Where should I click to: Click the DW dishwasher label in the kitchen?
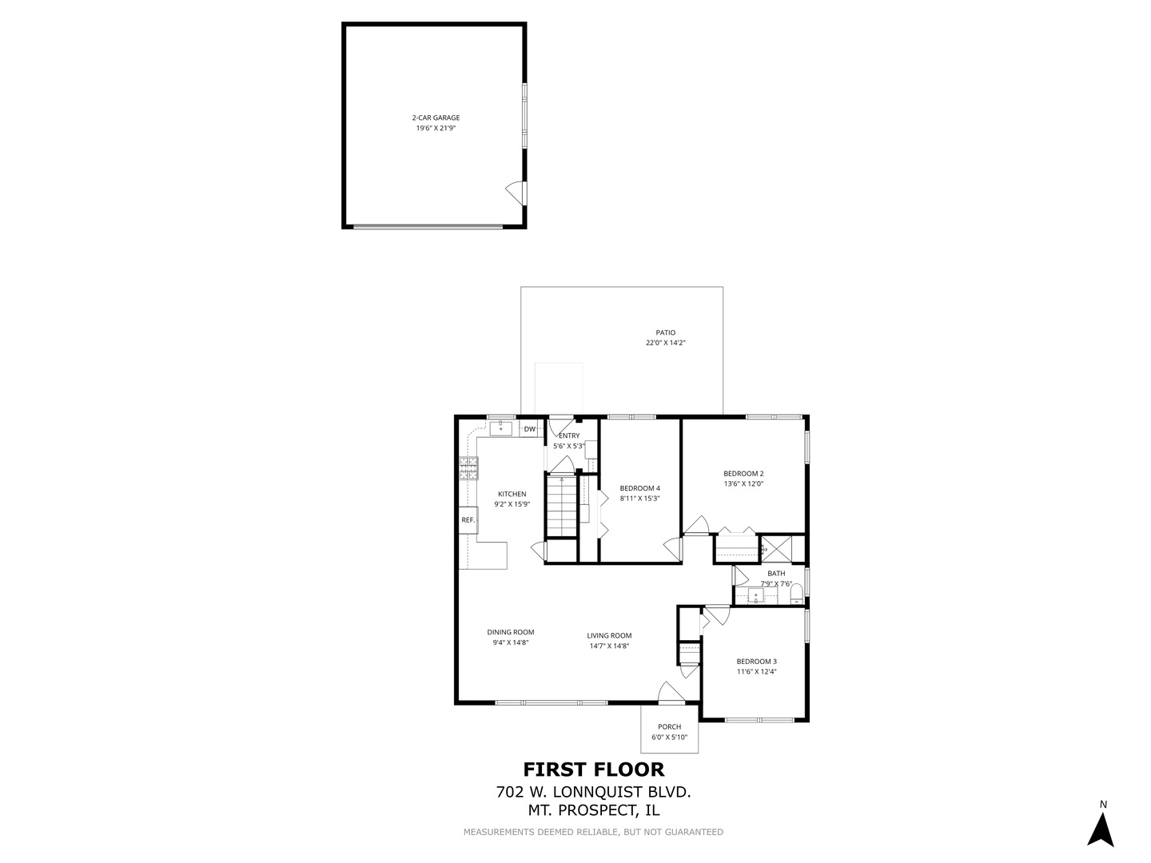point(530,429)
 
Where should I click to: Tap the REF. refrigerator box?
point(468,520)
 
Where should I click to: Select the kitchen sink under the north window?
point(501,429)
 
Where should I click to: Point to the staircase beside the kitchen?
point(562,507)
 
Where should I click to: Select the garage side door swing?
point(516,192)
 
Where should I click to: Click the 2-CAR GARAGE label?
point(436,117)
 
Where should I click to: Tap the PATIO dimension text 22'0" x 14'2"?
point(666,343)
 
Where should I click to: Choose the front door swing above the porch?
point(669,694)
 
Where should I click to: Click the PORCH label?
point(670,727)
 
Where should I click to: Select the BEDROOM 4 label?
point(639,488)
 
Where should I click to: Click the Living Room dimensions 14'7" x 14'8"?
point(609,646)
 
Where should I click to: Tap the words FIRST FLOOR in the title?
point(593,770)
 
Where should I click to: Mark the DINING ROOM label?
point(511,632)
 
